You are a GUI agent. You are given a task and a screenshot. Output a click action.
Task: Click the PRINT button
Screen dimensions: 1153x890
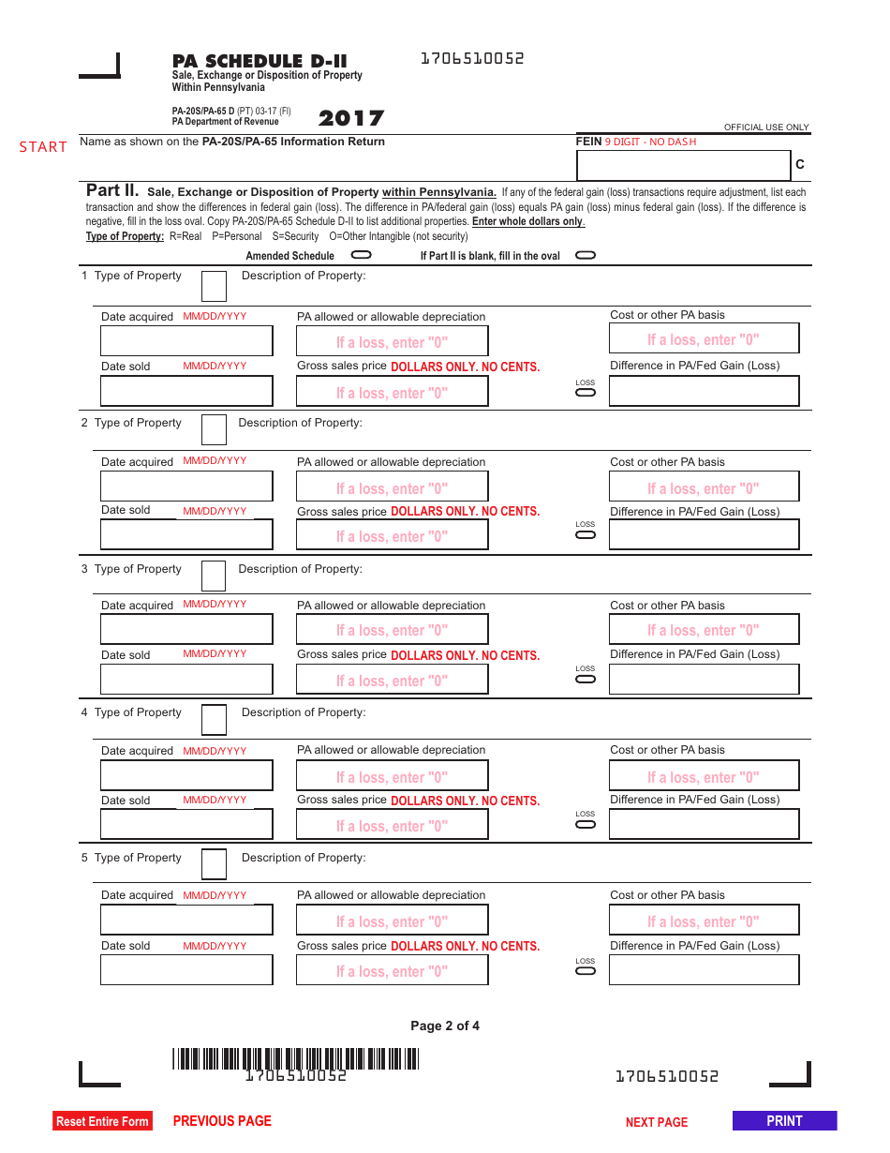[x=784, y=1121]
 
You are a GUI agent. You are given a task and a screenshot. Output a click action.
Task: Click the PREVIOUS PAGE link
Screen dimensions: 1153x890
[x=222, y=1121]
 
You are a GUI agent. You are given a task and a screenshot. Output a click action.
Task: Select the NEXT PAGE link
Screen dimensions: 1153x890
[x=656, y=1122]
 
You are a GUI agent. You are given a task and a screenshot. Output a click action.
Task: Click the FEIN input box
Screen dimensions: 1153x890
[x=684, y=165]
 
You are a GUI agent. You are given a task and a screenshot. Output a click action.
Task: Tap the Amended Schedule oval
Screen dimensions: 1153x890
[x=361, y=255]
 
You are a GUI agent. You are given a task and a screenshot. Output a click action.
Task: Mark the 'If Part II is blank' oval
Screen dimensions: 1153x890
[x=586, y=255]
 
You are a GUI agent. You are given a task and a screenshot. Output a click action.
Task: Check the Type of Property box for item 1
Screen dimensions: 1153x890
[x=214, y=286]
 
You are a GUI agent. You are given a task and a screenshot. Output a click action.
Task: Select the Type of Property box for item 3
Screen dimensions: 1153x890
[x=214, y=576]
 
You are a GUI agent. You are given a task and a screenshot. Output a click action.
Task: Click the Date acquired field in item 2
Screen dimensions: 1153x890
[x=186, y=487]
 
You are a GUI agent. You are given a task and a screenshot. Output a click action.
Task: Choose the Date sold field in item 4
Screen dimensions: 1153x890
[x=186, y=824]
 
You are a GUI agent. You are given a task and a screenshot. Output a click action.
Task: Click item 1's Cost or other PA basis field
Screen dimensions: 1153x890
[x=704, y=338]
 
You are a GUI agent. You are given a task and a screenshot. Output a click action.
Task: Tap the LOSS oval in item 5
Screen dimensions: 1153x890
[x=586, y=970]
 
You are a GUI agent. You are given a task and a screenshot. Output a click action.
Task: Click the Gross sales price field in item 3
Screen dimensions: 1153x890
[x=392, y=680]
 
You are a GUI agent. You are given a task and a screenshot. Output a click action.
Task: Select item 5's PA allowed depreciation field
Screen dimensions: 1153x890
[x=392, y=921]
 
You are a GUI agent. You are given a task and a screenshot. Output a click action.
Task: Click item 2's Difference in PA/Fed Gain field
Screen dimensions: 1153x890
[x=704, y=534]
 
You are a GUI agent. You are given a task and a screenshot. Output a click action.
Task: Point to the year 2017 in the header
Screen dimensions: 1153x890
[x=350, y=119]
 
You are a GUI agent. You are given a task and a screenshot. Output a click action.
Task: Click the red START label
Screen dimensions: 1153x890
[x=43, y=147]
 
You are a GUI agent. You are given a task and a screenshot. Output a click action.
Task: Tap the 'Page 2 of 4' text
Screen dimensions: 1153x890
[x=445, y=1026]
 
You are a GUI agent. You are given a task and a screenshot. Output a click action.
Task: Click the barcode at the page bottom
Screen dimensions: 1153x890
[x=295, y=1058]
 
